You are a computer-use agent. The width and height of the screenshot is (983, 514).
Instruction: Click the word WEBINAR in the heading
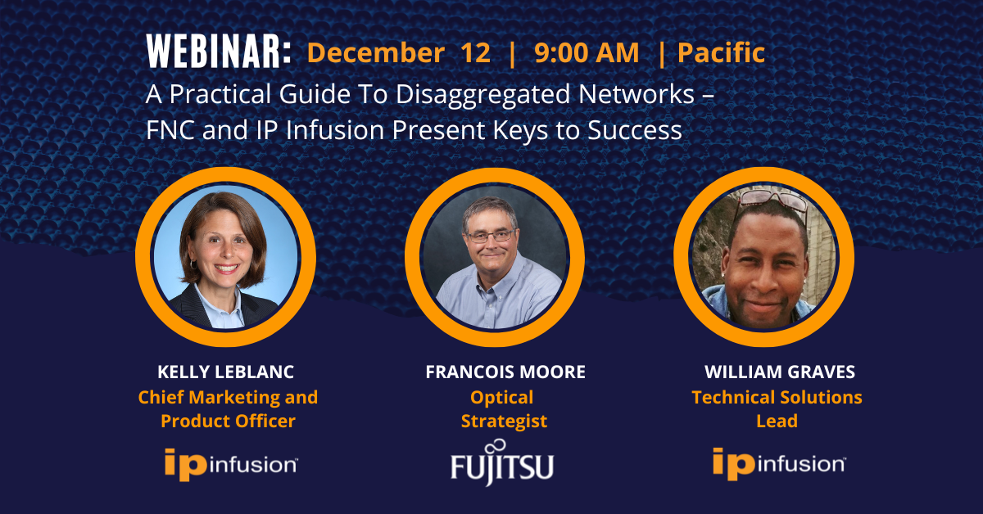[215, 52]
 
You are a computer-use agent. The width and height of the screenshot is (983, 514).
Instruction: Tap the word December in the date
[376, 52]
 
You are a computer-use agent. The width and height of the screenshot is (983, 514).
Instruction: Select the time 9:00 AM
[587, 52]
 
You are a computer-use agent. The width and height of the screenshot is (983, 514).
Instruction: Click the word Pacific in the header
[721, 52]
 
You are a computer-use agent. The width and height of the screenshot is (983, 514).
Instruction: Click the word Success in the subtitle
[635, 130]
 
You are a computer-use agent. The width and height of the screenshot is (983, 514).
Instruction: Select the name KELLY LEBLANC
[225, 372]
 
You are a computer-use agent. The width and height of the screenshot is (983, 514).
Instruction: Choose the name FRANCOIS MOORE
[505, 372]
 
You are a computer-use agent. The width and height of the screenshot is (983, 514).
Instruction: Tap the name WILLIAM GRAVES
[779, 372]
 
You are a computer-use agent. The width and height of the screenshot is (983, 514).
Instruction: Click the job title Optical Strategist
[503, 408]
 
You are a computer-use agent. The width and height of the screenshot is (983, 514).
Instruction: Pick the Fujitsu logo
[502, 462]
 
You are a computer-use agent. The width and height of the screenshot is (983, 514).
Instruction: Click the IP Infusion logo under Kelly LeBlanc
[231, 464]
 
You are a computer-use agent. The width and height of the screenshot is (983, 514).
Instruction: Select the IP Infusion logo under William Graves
[779, 463]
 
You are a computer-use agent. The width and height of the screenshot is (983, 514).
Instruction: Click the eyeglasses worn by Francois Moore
[491, 237]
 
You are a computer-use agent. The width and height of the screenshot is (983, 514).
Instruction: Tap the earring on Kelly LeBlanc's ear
[193, 264]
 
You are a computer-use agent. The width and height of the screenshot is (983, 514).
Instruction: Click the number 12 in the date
[475, 52]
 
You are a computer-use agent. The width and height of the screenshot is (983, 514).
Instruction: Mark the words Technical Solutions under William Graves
[777, 397]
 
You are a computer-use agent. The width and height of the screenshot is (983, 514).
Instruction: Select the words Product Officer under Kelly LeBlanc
[228, 421]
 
